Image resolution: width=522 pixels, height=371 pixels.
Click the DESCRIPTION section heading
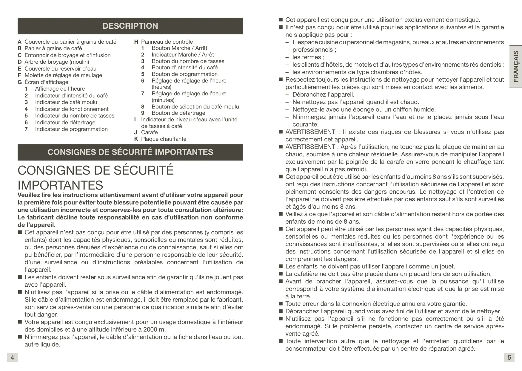click(x=130, y=26)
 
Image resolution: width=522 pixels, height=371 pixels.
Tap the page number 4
click(x=12, y=358)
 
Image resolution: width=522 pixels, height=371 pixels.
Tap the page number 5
click(x=509, y=358)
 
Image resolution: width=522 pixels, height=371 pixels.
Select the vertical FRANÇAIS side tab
click(x=515, y=67)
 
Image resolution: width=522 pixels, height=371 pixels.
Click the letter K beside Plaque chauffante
click(x=136, y=139)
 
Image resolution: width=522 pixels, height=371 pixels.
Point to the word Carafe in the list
click(x=149, y=132)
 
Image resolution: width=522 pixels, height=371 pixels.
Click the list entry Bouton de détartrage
click(x=178, y=113)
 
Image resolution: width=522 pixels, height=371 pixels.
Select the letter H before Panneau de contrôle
click(x=136, y=42)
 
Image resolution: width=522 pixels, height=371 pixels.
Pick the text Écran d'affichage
click(x=46, y=82)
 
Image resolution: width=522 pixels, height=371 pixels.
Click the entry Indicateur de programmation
click(x=71, y=129)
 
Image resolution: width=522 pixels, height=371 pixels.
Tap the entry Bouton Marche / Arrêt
click(x=179, y=48)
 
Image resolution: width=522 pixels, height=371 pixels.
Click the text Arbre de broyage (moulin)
click(x=57, y=62)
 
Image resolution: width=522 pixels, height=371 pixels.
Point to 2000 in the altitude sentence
click(x=150, y=330)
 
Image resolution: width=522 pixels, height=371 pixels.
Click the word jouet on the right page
click(x=447, y=266)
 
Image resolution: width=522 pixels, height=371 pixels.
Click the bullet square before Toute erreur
click(x=281, y=304)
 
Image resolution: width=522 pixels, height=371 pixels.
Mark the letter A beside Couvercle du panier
click(x=19, y=42)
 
